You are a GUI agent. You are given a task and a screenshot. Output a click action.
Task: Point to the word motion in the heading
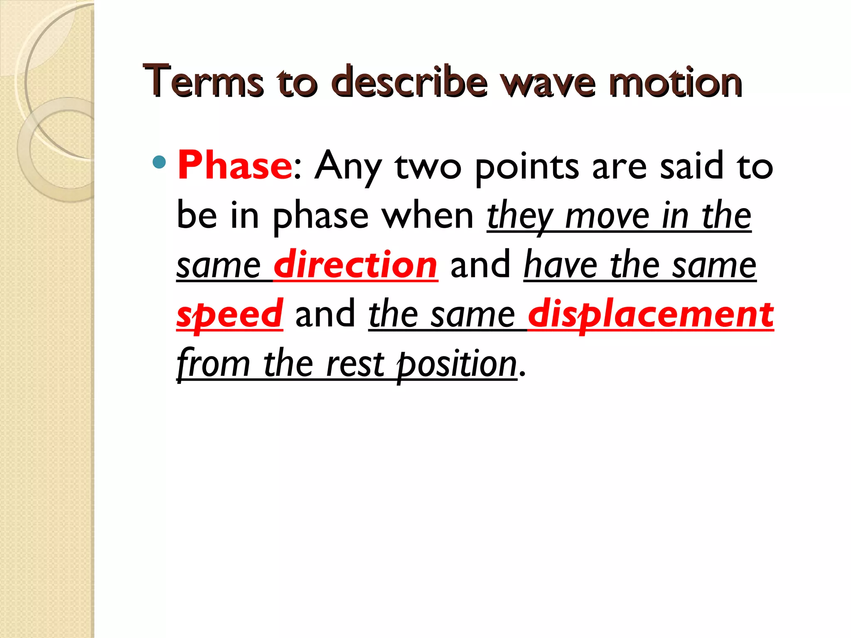pos(675,82)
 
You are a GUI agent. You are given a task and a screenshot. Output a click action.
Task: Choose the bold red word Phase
pos(235,166)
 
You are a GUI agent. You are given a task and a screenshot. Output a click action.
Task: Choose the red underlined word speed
pos(229,314)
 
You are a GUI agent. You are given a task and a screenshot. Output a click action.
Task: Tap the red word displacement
pos(651,314)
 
